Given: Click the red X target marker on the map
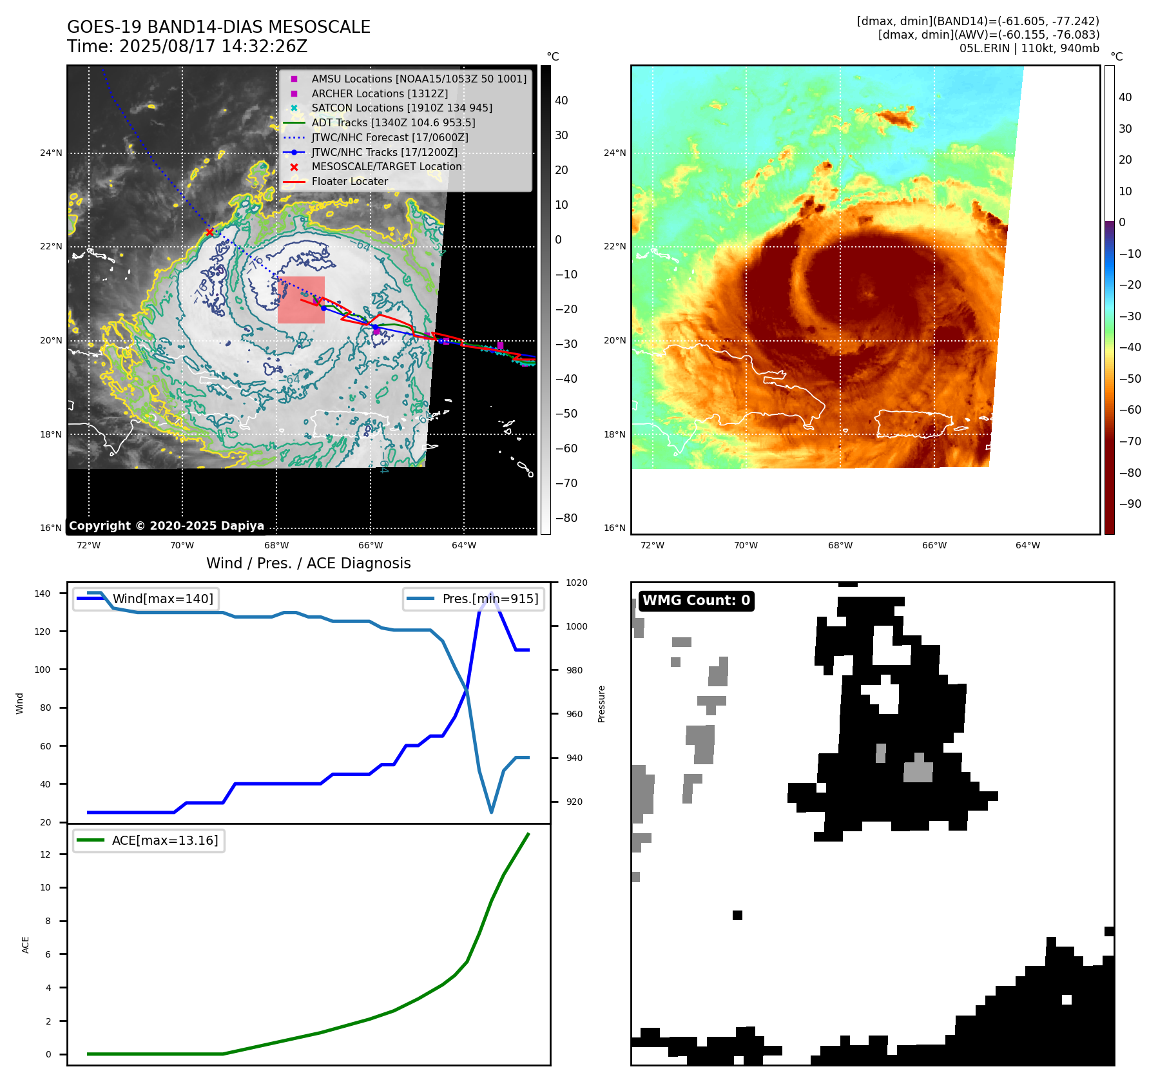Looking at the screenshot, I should [x=209, y=232].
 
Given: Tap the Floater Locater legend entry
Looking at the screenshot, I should [x=349, y=182].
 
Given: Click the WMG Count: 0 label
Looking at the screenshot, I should [x=696, y=601].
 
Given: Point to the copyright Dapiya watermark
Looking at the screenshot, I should [x=166, y=526].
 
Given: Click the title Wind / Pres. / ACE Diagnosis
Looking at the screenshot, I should [x=308, y=563].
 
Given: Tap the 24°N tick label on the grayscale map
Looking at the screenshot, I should [x=51, y=153].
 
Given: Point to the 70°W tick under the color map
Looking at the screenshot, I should [x=746, y=546].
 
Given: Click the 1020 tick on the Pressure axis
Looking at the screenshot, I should [x=576, y=583].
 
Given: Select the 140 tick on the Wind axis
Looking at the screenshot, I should [x=43, y=593].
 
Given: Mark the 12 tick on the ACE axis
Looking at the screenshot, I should [x=45, y=854].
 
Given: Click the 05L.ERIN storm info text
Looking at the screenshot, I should [x=1028, y=48].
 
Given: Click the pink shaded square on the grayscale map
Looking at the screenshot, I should [x=301, y=300].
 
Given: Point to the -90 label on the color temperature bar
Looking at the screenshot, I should [x=1129, y=504].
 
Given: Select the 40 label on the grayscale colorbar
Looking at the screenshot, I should [x=561, y=101].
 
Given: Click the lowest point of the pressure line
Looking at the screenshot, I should [x=492, y=812].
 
